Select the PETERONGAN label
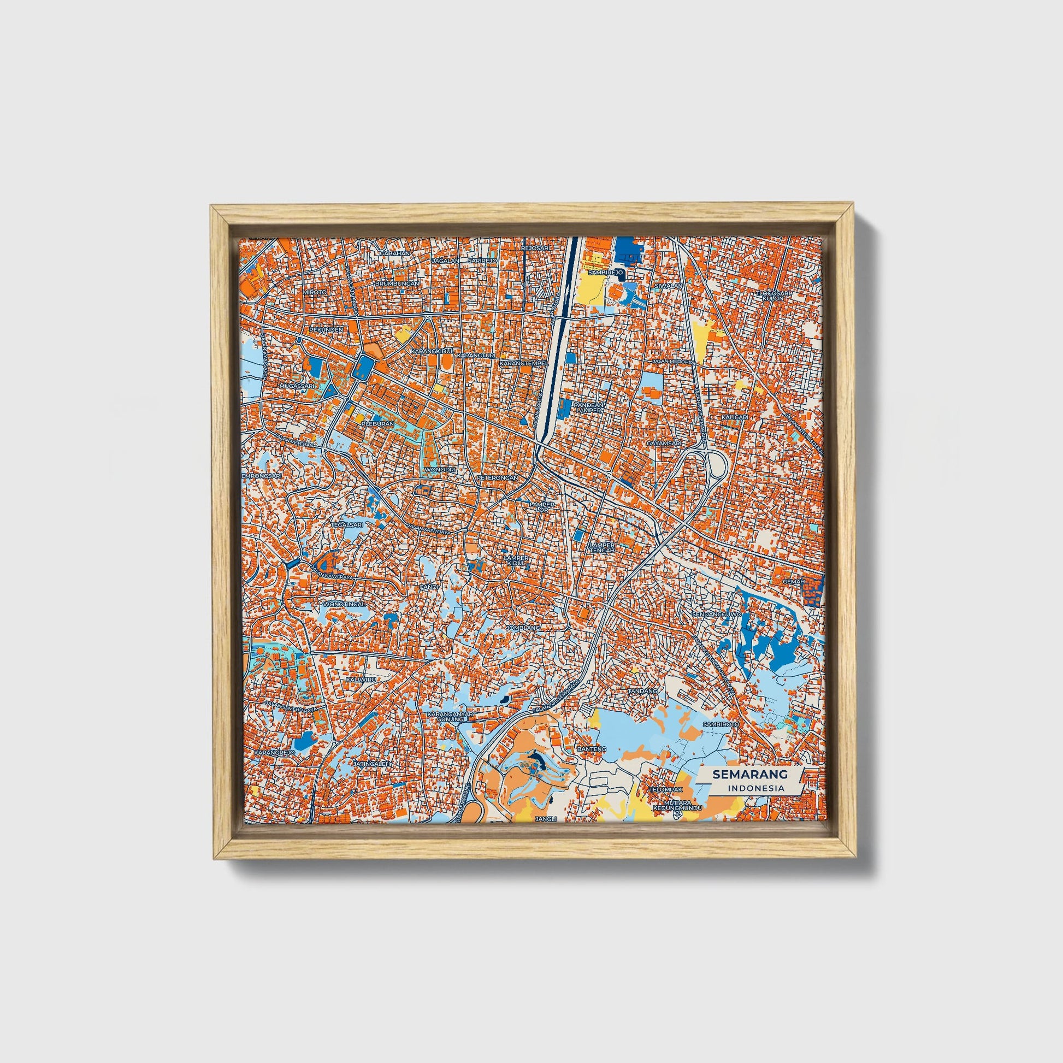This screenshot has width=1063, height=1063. (498, 478)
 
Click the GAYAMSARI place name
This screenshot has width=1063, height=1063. (664, 442)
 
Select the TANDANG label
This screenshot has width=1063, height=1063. (642, 690)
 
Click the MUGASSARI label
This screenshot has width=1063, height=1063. (296, 386)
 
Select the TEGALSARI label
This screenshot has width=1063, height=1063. (347, 525)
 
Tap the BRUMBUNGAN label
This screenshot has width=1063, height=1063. (397, 284)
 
